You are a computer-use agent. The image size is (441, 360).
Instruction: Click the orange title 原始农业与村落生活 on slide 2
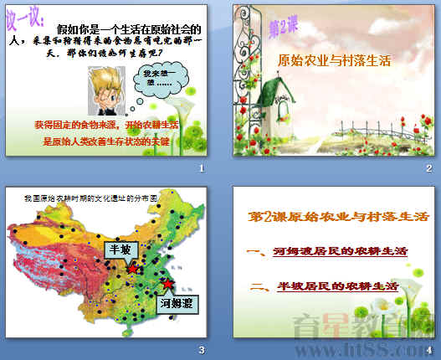coord(333,61)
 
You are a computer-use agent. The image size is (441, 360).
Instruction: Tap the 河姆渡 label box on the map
coord(181,302)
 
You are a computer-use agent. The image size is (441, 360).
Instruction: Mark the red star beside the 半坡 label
coord(133,270)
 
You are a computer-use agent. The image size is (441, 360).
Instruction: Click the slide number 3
coord(202,349)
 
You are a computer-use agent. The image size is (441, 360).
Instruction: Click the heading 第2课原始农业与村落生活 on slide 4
coord(335,217)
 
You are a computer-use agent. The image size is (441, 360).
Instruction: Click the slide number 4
coord(429,349)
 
